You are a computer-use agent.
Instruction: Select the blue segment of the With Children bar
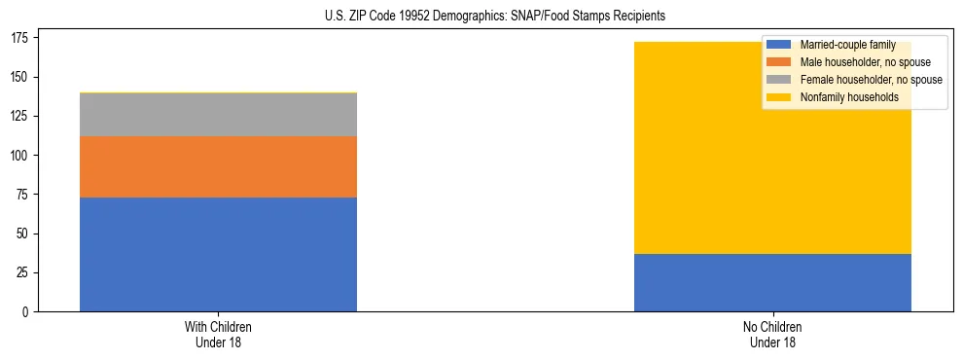218,254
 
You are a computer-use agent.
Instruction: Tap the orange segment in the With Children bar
218,166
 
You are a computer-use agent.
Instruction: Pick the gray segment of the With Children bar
218,115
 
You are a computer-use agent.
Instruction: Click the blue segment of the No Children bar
772,282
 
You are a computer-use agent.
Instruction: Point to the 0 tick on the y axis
27,312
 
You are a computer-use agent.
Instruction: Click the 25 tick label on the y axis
24,273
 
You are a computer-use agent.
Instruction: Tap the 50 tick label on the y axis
24,234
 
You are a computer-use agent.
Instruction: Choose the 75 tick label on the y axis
24,195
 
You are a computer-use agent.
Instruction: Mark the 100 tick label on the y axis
21,156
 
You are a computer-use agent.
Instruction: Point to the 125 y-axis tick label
21,116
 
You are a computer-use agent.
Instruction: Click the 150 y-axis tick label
21,77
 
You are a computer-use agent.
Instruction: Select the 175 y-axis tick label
21,38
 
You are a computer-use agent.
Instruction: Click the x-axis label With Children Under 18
218,334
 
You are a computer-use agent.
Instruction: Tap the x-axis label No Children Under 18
772,334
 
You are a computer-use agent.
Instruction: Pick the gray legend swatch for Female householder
779,80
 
